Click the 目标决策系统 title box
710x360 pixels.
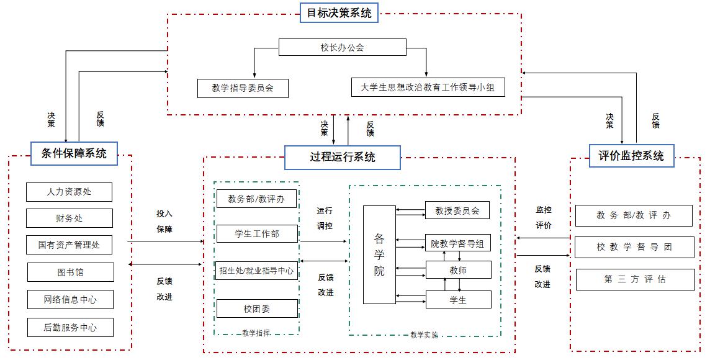339,12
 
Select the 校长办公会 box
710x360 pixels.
342,47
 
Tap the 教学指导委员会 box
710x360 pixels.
242,88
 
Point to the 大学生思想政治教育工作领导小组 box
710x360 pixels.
428,88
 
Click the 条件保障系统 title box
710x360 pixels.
74,153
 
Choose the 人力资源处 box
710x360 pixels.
69,192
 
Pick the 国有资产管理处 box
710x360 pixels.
69,245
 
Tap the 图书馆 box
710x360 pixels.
70,272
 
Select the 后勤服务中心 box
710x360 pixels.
70,327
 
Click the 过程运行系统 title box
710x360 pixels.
343,157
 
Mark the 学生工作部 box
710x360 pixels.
257,234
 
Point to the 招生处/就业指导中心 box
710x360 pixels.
257,271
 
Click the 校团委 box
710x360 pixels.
257,308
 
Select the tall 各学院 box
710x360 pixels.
379,254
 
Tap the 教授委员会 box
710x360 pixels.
457,210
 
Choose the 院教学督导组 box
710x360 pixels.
458,244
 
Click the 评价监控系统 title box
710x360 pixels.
631,156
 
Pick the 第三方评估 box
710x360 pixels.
634,279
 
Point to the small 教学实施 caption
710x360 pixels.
425,335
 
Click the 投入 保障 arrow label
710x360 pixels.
164,221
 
